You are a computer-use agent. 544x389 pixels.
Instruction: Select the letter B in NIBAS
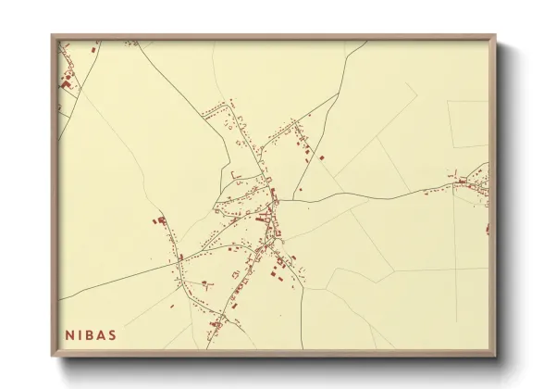click(90, 335)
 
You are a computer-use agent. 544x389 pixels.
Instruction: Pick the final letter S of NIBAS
click(113, 335)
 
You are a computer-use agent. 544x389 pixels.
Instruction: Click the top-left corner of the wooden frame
click(53, 36)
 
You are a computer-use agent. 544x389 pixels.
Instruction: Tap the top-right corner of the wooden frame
click(496, 36)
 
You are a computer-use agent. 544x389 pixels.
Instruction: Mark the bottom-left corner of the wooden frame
click(53, 356)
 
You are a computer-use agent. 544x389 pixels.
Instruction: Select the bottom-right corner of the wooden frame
click(496, 356)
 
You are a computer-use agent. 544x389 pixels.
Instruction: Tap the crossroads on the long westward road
click(179, 263)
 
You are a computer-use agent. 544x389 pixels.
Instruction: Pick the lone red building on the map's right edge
click(487, 227)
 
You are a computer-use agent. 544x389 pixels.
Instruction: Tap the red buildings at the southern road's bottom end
click(216, 324)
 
